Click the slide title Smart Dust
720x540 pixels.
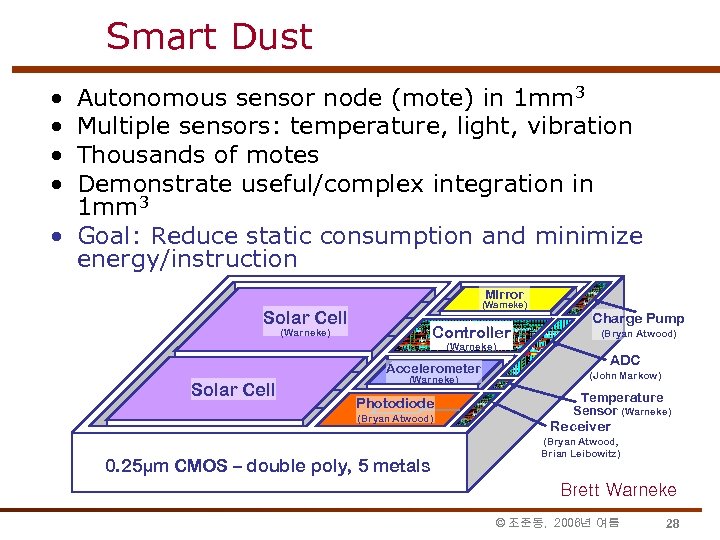[209, 37]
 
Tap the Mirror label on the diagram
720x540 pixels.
[504, 294]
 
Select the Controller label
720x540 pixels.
[471, 332]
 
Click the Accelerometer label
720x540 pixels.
[433, 369]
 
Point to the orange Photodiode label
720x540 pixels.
[395, 403]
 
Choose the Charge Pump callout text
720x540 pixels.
[638, 318]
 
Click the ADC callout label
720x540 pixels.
[625, 360]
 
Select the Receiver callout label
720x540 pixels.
[580, 426]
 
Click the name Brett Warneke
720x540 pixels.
[618, 490]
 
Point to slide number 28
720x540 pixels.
[672, 523]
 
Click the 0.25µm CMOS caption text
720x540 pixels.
[268, 465]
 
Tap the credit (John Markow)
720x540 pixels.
[625, 376]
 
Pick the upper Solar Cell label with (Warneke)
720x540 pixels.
[305, 318]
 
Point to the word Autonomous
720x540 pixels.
[153, 98]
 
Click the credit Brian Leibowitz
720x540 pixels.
[580, 454]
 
